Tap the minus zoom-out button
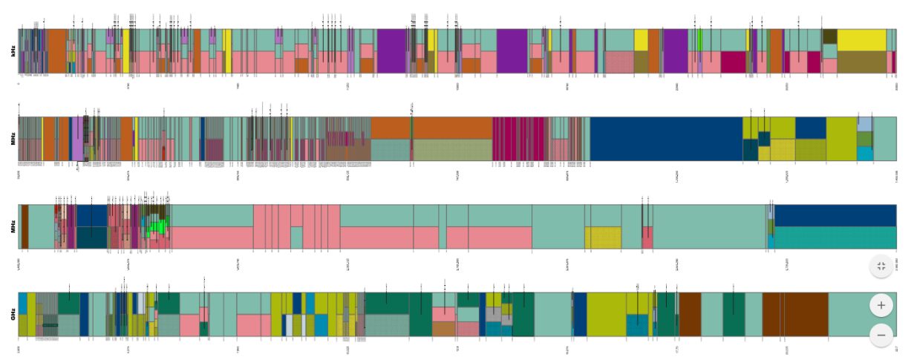881,335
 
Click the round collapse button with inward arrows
881,266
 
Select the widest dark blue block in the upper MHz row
666,139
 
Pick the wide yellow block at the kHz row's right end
861,40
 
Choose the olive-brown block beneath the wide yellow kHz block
861,62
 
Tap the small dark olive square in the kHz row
829,36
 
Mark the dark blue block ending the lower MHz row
835,215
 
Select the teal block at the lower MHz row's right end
835,238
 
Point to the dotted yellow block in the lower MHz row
603,238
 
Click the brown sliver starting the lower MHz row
25,226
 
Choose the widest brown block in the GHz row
806,315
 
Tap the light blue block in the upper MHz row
864,124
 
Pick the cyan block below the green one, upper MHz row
864,154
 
